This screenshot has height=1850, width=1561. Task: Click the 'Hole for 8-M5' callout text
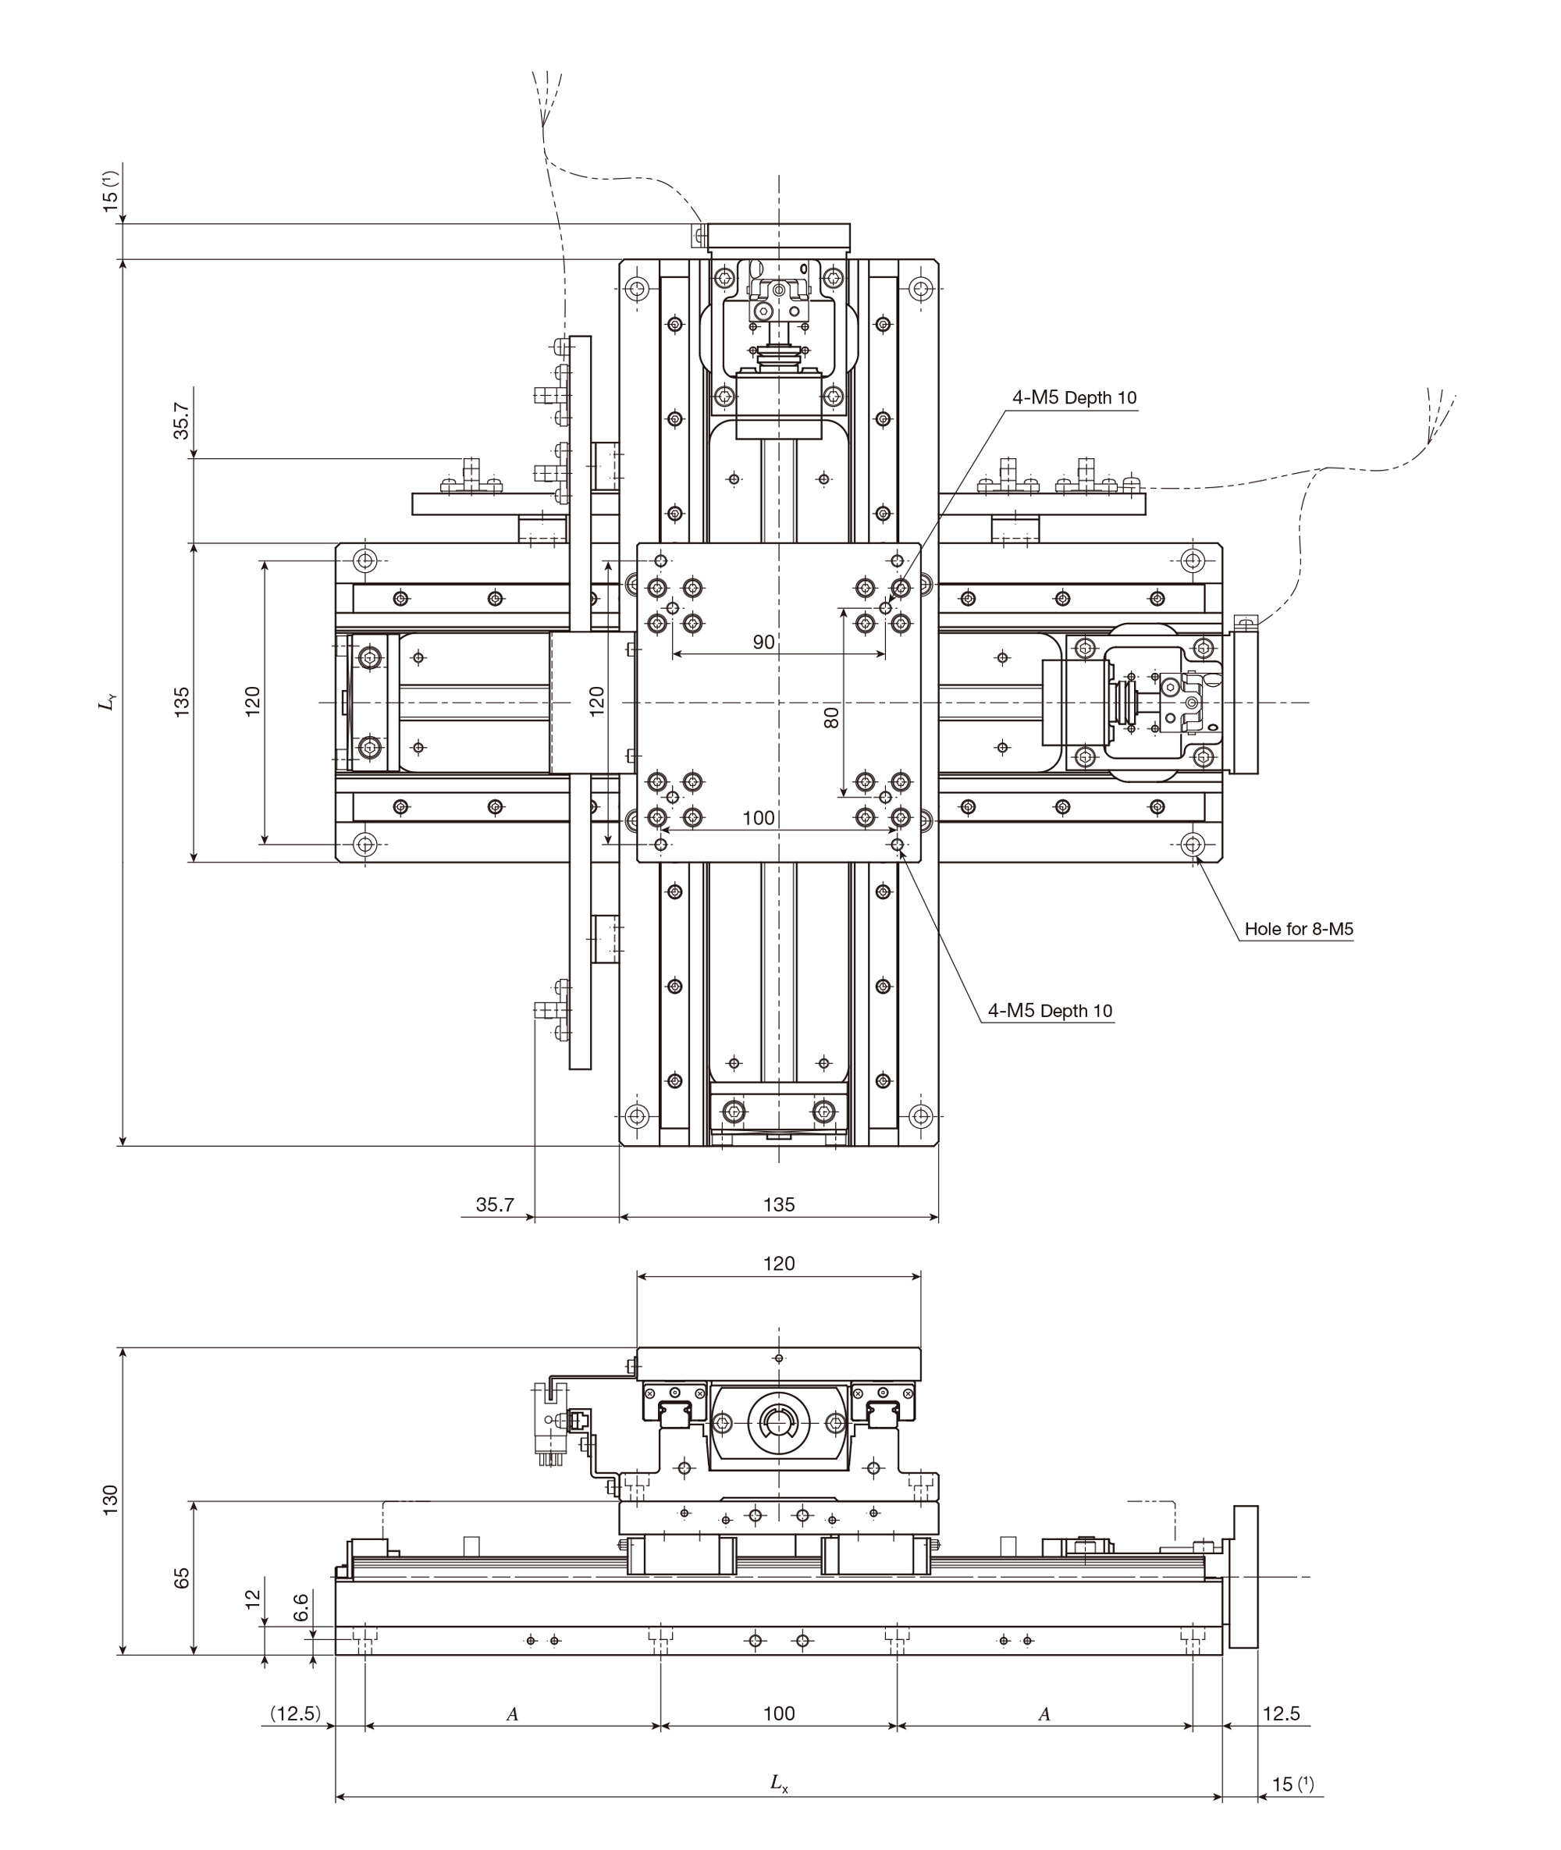pyautogui.click(x=1298, y=930)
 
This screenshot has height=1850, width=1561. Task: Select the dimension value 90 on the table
pyautogui.click(x=763, y=642)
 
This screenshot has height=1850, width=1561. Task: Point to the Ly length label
pyautogui.click(x=107, y=703)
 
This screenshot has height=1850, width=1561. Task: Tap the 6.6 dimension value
pyautogui.click(x=300, y=1606)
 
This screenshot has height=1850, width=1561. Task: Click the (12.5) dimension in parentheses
pyautogui.click(x=296, y=1713)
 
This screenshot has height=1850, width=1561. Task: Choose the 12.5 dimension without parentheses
pyautogui.click(x=1281, y=1713)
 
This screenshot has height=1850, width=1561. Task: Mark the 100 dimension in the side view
pyautogui.click(x=779, y=1713)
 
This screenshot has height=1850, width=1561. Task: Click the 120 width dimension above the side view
pyautogui.click(x=779, y=1263)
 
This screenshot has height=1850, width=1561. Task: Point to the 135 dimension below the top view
pyautogui.click(x=779, y=1204)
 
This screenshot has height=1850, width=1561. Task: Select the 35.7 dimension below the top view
pyautogui.click(x=495, y=1204)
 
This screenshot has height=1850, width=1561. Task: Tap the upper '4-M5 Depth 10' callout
pyautogui.click(x=1074, y=398)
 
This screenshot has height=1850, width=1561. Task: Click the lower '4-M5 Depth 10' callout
pyautogui.click(x=1051, y=1011)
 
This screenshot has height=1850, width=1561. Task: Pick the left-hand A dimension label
pyautogui.click(x=511, y=1715)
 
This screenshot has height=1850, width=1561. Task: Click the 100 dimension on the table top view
pyautogui.click(x=759, y=818)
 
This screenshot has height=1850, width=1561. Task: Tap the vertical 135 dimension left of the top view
pyautogui.click(x=181, y=702)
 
